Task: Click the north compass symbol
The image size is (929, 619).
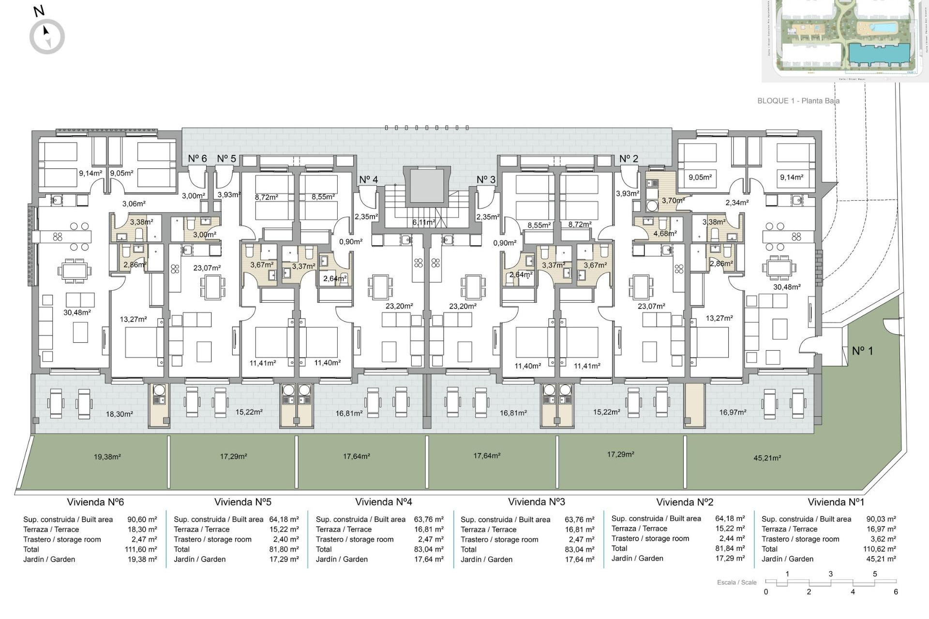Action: coord(47,36)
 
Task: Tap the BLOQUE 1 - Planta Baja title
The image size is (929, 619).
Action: coord(798,101)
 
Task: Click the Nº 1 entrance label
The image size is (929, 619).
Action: coord(862,351)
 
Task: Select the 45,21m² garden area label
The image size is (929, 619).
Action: coord(767,457)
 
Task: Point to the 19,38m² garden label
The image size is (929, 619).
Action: coord(107,457)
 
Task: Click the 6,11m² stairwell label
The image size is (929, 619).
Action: coord(423,222)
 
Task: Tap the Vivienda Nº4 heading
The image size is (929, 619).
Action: coord(383,502)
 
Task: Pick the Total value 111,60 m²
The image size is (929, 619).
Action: coord(141,549)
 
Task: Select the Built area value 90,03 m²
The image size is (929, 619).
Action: coord(881,519)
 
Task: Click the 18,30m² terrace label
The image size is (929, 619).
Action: coord(119,414)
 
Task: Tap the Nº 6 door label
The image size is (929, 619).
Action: coord(197,159)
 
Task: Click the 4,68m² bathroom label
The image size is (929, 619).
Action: coord(665,233)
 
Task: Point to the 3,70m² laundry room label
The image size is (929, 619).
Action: coord(673,200)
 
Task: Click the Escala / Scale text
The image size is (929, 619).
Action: coord(736,582)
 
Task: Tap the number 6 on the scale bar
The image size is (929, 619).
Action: coord(896,591)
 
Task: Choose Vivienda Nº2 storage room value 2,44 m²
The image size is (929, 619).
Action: coord(730,539)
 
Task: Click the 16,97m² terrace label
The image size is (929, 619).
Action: coord(733,412)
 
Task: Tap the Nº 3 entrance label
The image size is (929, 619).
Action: coord(486,180)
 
